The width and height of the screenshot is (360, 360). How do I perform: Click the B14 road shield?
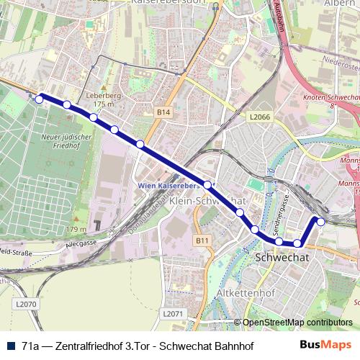coord(164,112)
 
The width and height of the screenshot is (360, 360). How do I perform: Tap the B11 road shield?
coord(202,240)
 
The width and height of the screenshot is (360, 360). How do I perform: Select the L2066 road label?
coord(259,115)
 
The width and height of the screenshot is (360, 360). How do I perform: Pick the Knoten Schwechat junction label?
coord(332,96)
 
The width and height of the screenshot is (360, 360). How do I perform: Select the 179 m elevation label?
coord(76,229)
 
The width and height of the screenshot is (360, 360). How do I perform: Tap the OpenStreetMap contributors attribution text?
coord(297,323)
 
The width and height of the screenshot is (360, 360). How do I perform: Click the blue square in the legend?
coord(9,346)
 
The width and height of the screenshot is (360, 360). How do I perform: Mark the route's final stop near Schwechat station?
coord(321,221)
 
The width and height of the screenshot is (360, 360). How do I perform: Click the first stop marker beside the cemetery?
coord(40,99)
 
